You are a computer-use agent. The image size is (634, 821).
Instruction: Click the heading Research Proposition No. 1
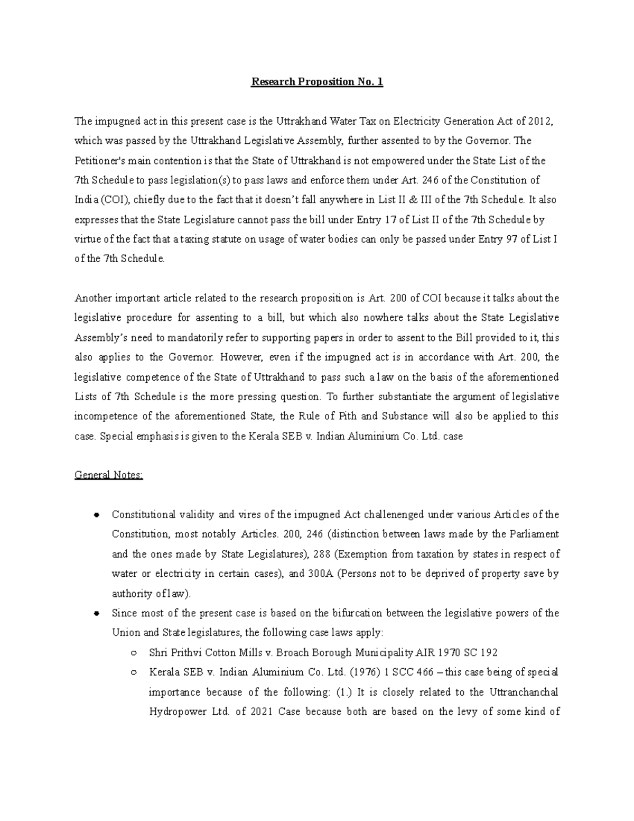pyautogui.click(x=316, y=82)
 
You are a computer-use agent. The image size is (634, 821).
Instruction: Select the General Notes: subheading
pyautogui.click(x=108, y=475)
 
